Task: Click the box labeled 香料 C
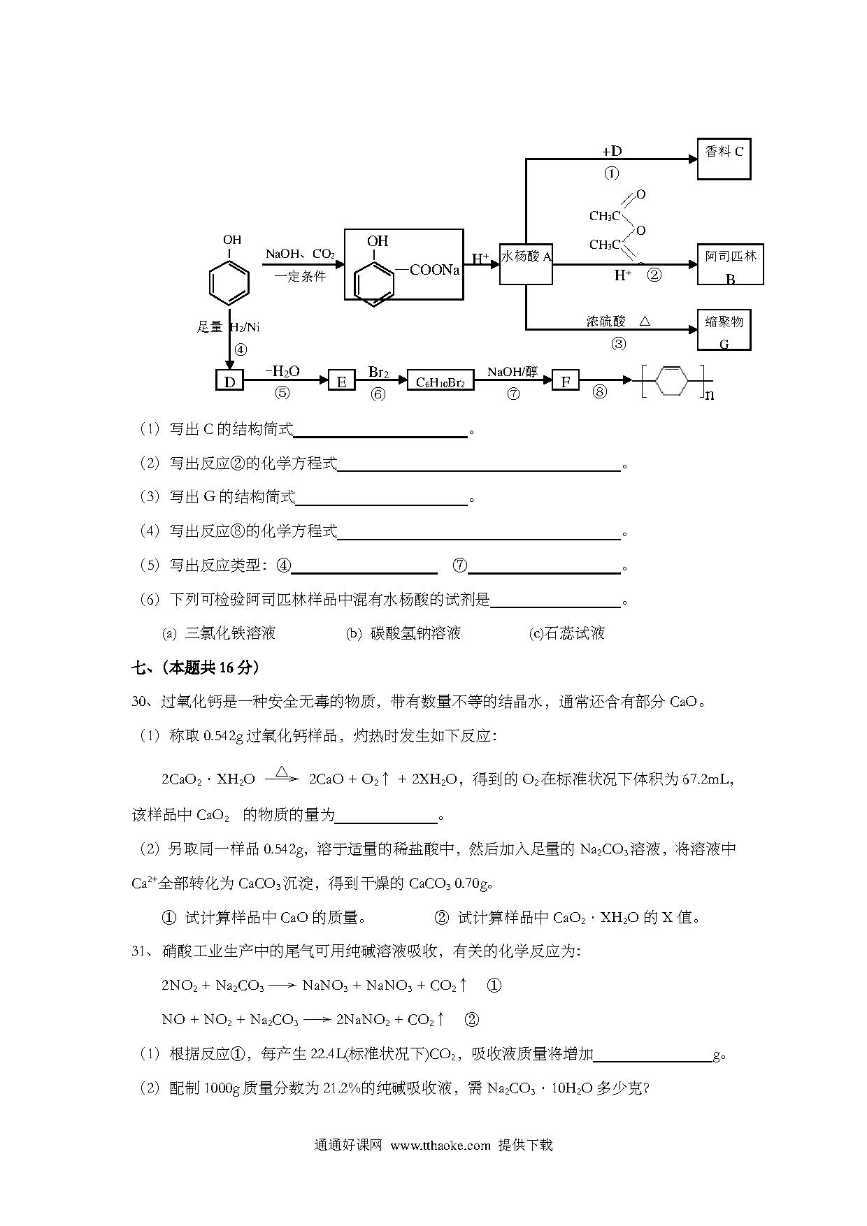point(724,159)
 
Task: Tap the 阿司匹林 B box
point(730,264)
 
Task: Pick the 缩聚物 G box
point(724,329)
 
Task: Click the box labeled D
point(229,380)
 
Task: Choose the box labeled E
point(341,380)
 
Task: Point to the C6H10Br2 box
point(440,381)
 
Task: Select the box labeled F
point(566,380)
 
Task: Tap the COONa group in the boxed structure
point(434,270)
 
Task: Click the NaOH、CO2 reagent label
point(300,254)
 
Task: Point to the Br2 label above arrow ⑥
point(378,372)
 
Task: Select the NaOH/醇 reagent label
point(513,372)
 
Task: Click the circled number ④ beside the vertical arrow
point(241,349)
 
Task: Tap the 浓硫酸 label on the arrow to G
point(606,321)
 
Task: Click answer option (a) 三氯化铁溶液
point(219,633)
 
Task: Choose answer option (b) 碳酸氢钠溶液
point(403,633)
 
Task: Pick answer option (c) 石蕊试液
point(567,633)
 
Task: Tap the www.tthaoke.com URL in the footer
point(440,1145)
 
